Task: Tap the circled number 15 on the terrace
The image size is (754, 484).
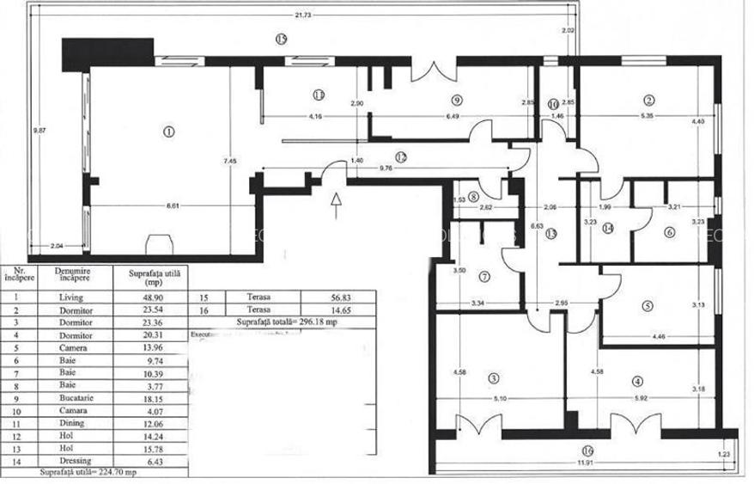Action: [x=281, y=39]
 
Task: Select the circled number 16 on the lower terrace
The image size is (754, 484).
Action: [x=587, y=449]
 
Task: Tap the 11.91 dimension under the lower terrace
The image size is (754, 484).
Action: [x=587, y=465]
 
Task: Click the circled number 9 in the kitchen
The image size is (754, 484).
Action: [x=456, y=98]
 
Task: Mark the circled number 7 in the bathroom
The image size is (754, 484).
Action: [x=484, y=277]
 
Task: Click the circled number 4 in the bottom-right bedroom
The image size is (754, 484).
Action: [x=637, y=381]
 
